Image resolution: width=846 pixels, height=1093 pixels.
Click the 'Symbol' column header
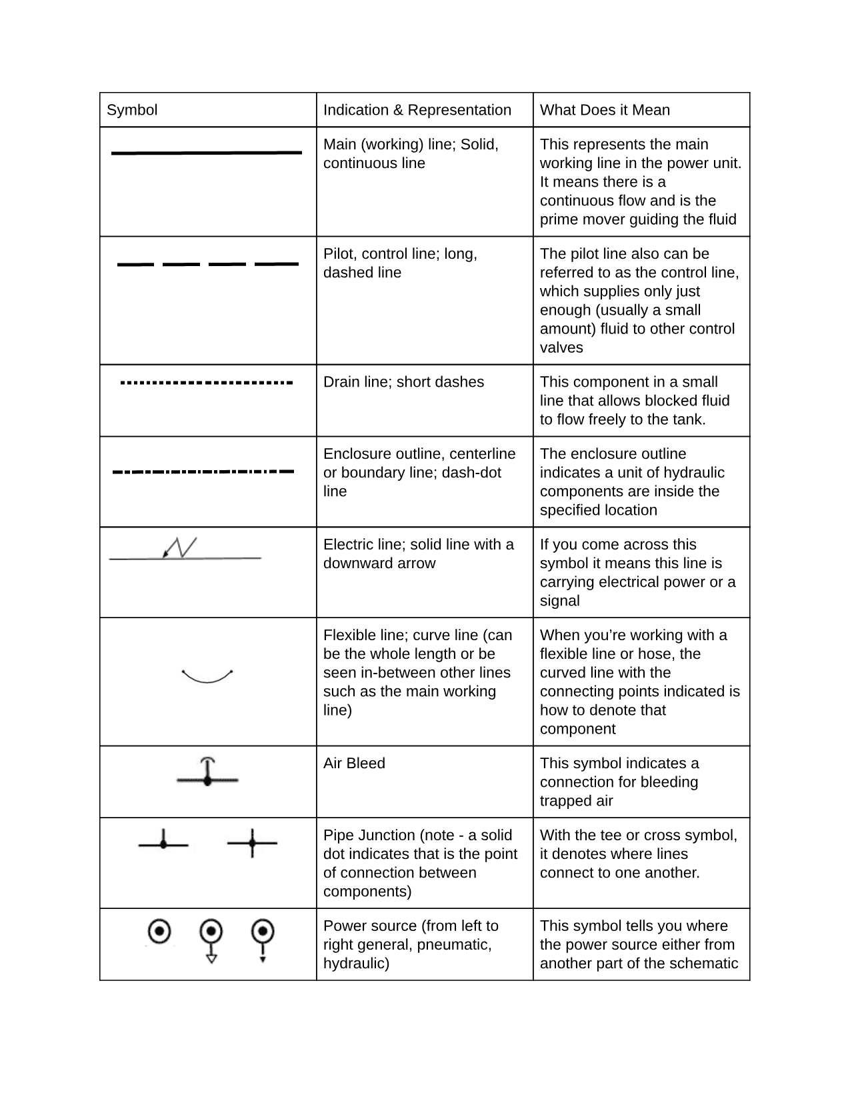(132, 110)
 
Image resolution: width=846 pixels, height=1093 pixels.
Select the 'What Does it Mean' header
(605, 110)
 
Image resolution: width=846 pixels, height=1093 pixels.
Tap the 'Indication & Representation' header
(417, 110)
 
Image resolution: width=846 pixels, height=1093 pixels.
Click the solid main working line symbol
(207, 153)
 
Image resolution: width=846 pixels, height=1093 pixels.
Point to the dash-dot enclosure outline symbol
(203, 471)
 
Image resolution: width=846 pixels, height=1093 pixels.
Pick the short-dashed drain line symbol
(206, 383)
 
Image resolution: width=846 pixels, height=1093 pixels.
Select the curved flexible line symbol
(207, 676)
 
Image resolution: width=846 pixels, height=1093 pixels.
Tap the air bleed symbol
(207, 773)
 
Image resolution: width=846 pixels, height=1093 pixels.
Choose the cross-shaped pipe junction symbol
(252, 843)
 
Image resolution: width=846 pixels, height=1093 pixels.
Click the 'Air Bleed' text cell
(354, 764)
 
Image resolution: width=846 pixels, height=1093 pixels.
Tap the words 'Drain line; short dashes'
(403, 382)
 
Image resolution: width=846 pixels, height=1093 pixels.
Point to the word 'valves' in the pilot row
(561, 347)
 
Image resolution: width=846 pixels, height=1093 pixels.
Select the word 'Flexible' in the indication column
(351, 636)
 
